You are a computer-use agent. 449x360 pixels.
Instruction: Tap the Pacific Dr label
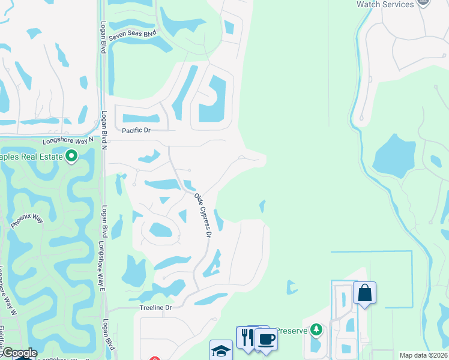136,130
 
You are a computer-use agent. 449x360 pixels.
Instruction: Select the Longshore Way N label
68,140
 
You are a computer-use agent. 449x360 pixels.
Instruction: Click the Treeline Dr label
155,307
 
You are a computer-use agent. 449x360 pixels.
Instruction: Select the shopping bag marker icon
364,293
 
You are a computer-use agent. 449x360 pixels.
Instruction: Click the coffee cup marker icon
266,338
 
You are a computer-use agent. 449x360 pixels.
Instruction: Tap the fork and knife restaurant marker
247,337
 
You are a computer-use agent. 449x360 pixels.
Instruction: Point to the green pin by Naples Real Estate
71,157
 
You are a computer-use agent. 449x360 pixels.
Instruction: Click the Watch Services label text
385,4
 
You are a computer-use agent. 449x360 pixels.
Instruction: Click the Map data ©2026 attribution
423,355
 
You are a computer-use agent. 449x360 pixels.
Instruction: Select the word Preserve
291,330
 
